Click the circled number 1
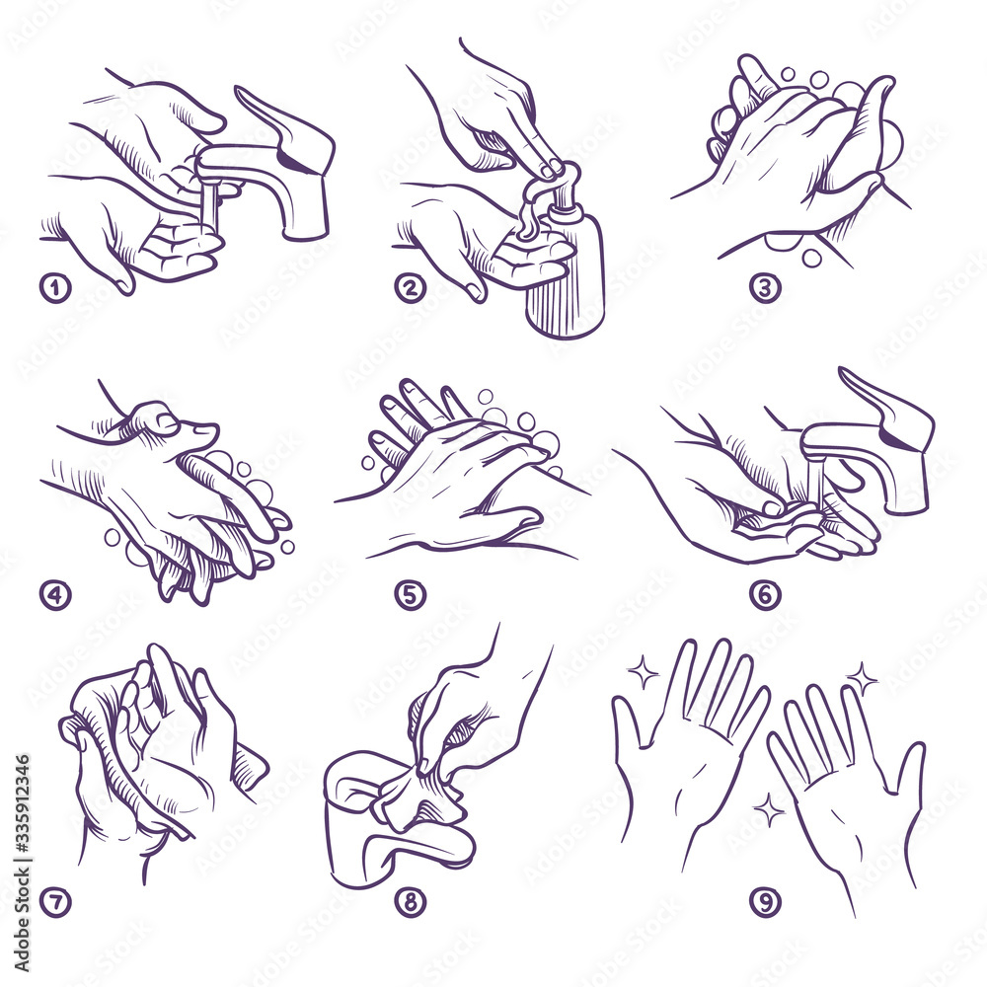[55, 288]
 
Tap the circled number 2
[410, 288]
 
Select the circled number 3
[765, 288]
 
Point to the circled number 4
[55, 595]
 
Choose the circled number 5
[410, 595]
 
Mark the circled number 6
[765, 595]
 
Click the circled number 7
[55, 901]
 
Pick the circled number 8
[410, 901]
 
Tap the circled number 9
[765, 901]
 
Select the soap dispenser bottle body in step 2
[565, 286]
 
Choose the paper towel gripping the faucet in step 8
[415, 795]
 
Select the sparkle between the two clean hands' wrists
[767, 809]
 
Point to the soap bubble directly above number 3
[811, 258]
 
